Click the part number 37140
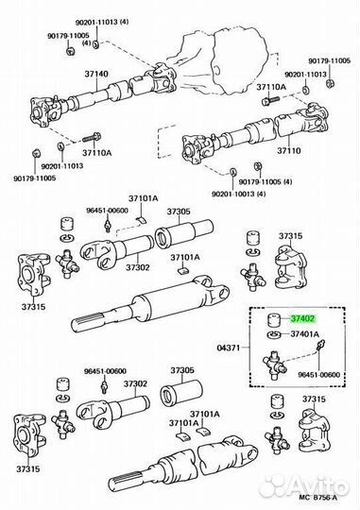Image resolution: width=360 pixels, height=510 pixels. click(96, 74)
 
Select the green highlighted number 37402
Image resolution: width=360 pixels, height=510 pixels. click(303, 319)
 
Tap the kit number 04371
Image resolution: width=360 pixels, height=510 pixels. click(228, 348)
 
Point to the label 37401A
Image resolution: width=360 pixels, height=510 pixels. click(304, 334)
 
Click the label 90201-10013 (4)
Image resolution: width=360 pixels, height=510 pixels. click(239, 194)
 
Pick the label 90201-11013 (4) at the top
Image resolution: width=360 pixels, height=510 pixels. click(102, 22)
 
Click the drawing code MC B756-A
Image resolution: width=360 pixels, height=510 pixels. click(318, 498)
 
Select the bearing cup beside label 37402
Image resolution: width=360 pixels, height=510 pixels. click(274, 321)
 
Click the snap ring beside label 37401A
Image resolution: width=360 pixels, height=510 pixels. click(274, 334)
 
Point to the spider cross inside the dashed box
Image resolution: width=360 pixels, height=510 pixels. click(275, 365)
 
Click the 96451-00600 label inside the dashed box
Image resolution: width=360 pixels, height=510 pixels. click(318, 374)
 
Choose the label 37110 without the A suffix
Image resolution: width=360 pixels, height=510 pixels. click(289, 151)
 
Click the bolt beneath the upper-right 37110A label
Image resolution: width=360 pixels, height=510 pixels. click(270, 100)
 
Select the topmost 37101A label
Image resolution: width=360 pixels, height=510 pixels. click(143, 198)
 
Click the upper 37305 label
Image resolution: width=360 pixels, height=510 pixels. click(179, 212)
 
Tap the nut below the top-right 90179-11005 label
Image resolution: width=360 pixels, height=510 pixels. click(331, 84)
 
